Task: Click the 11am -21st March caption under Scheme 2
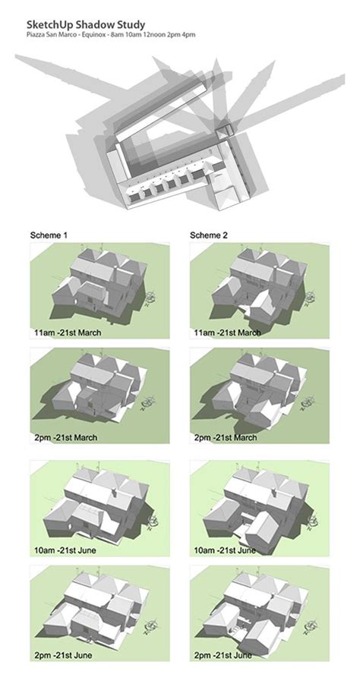click(228, 332)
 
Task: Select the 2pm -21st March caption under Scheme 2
click(226, 437)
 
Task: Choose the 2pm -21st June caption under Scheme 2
click(225, 654)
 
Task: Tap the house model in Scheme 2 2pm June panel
click(254, 607)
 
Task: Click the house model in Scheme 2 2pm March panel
click(254, 391)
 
